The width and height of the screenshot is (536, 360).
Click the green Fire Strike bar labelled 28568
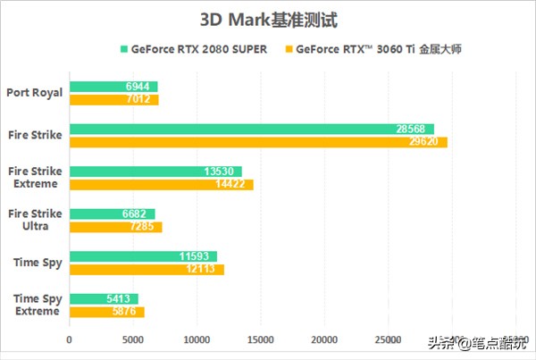pos(251,129)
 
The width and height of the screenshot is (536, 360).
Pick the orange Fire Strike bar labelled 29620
pos(258,141)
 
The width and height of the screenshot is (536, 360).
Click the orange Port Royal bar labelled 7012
pos(113,99)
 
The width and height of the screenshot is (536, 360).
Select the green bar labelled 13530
pos(155,172)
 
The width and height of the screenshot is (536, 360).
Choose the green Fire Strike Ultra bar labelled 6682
pos(112,213)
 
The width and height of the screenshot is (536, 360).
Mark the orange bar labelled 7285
pos(115,226)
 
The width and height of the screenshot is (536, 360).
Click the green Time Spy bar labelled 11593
pos(143,256)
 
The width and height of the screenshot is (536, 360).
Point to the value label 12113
pos(206,269)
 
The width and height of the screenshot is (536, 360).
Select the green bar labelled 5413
pos(104,298)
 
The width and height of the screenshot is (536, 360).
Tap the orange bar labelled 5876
pos(106,311)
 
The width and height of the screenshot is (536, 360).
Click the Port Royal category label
pos(34,92)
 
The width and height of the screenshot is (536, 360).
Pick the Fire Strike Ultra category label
pos(34,220)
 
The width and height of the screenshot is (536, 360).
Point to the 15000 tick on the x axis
pos(260,339)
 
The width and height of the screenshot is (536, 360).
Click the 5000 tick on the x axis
pos(132,339)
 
